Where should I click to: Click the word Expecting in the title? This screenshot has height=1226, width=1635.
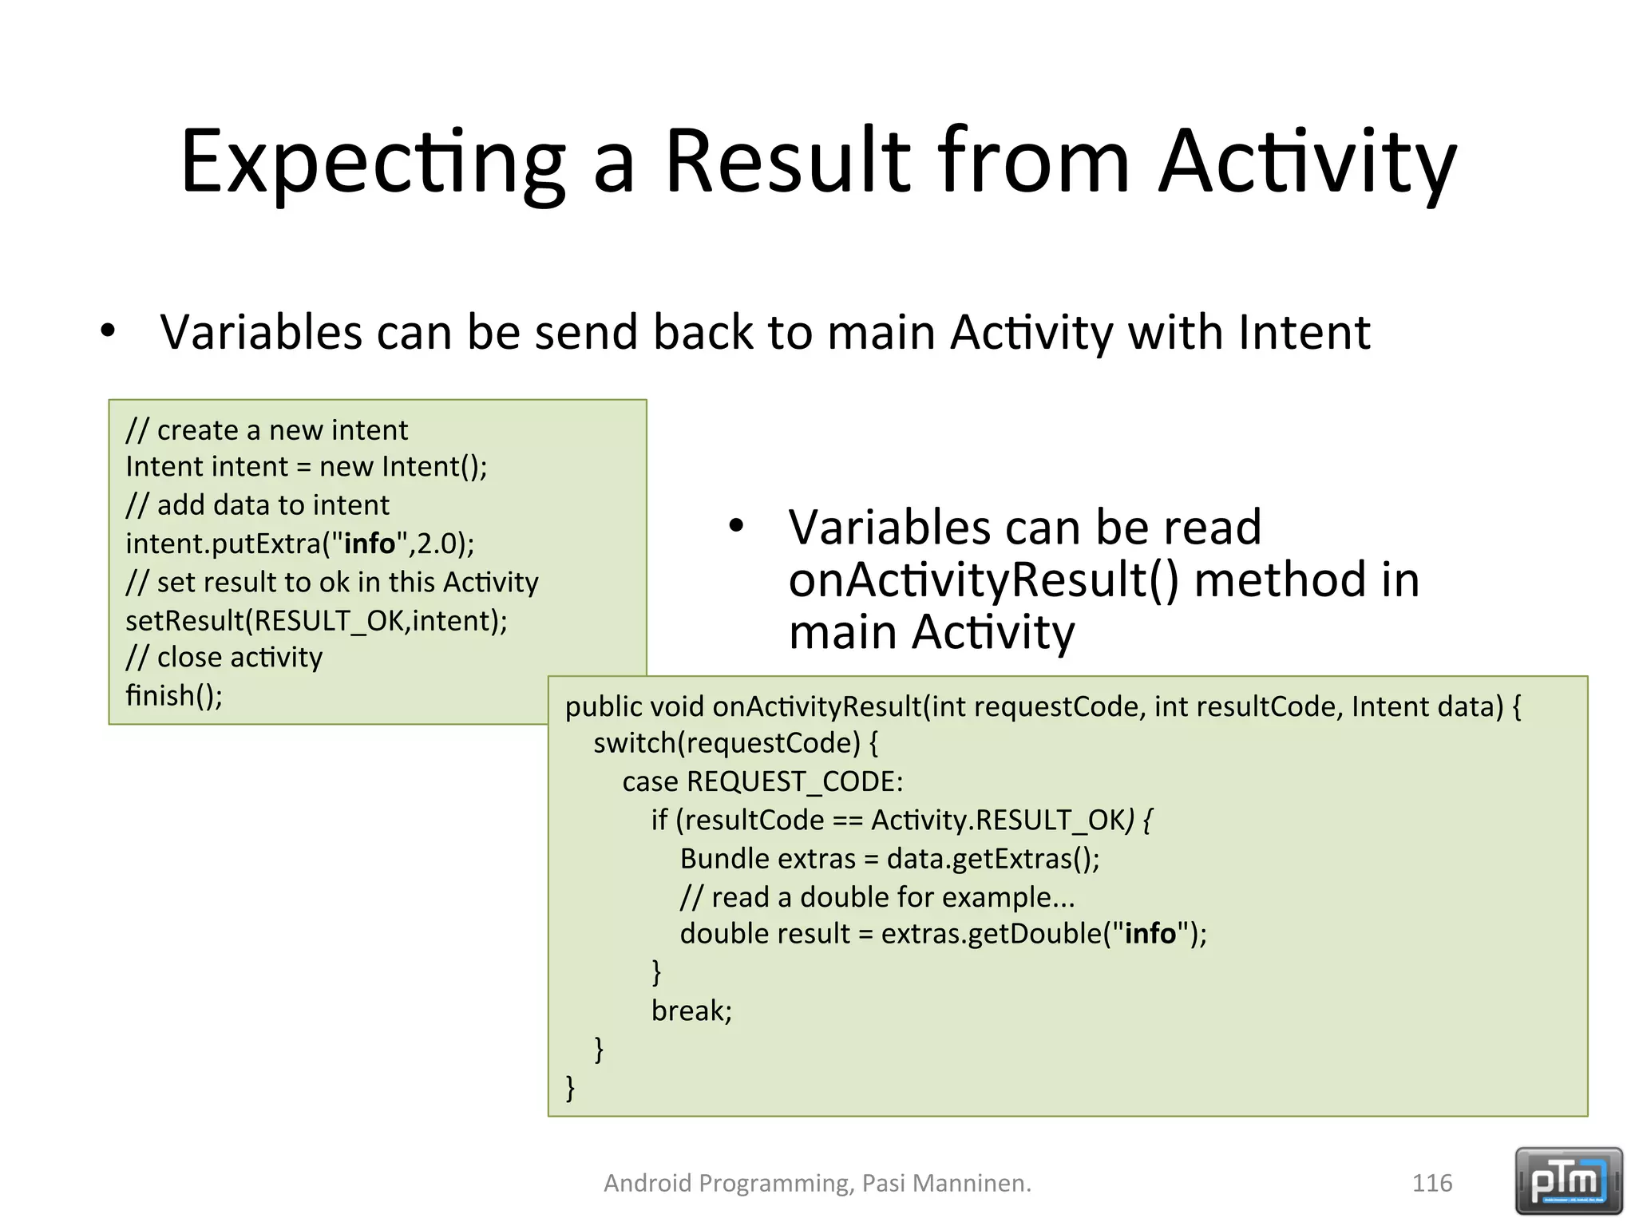(x=372, y=162)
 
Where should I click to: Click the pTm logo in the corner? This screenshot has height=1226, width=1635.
(x=1568, y=1181)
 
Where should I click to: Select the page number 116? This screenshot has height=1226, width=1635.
(x=1432, y=1183)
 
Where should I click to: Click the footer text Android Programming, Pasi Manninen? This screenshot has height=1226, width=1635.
(x=817, y=1183)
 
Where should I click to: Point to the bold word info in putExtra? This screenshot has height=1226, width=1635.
(x=370, y=544)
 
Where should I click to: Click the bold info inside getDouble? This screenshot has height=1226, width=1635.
(x=1150, y=934)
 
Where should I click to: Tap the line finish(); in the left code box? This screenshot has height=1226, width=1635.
(x=174, y=696)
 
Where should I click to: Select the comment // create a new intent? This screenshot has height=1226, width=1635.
(x=267, y=430)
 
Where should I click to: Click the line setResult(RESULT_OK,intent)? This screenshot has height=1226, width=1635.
(x=316, y=620)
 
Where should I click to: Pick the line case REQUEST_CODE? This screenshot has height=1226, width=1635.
(x=762, y=781)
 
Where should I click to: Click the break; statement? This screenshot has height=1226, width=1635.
(x=691, y=1011)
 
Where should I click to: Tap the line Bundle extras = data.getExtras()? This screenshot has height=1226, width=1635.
(x=889, y=859)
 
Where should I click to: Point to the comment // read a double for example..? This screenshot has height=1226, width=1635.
(x=877, y=897)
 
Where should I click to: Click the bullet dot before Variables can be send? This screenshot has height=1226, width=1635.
(x=108, y=330)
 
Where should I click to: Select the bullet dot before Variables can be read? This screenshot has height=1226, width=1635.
(x=736, y=526)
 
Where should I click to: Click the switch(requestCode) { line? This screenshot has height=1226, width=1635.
(x=735, y=743)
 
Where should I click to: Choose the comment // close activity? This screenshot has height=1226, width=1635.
(x=224, y=658)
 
